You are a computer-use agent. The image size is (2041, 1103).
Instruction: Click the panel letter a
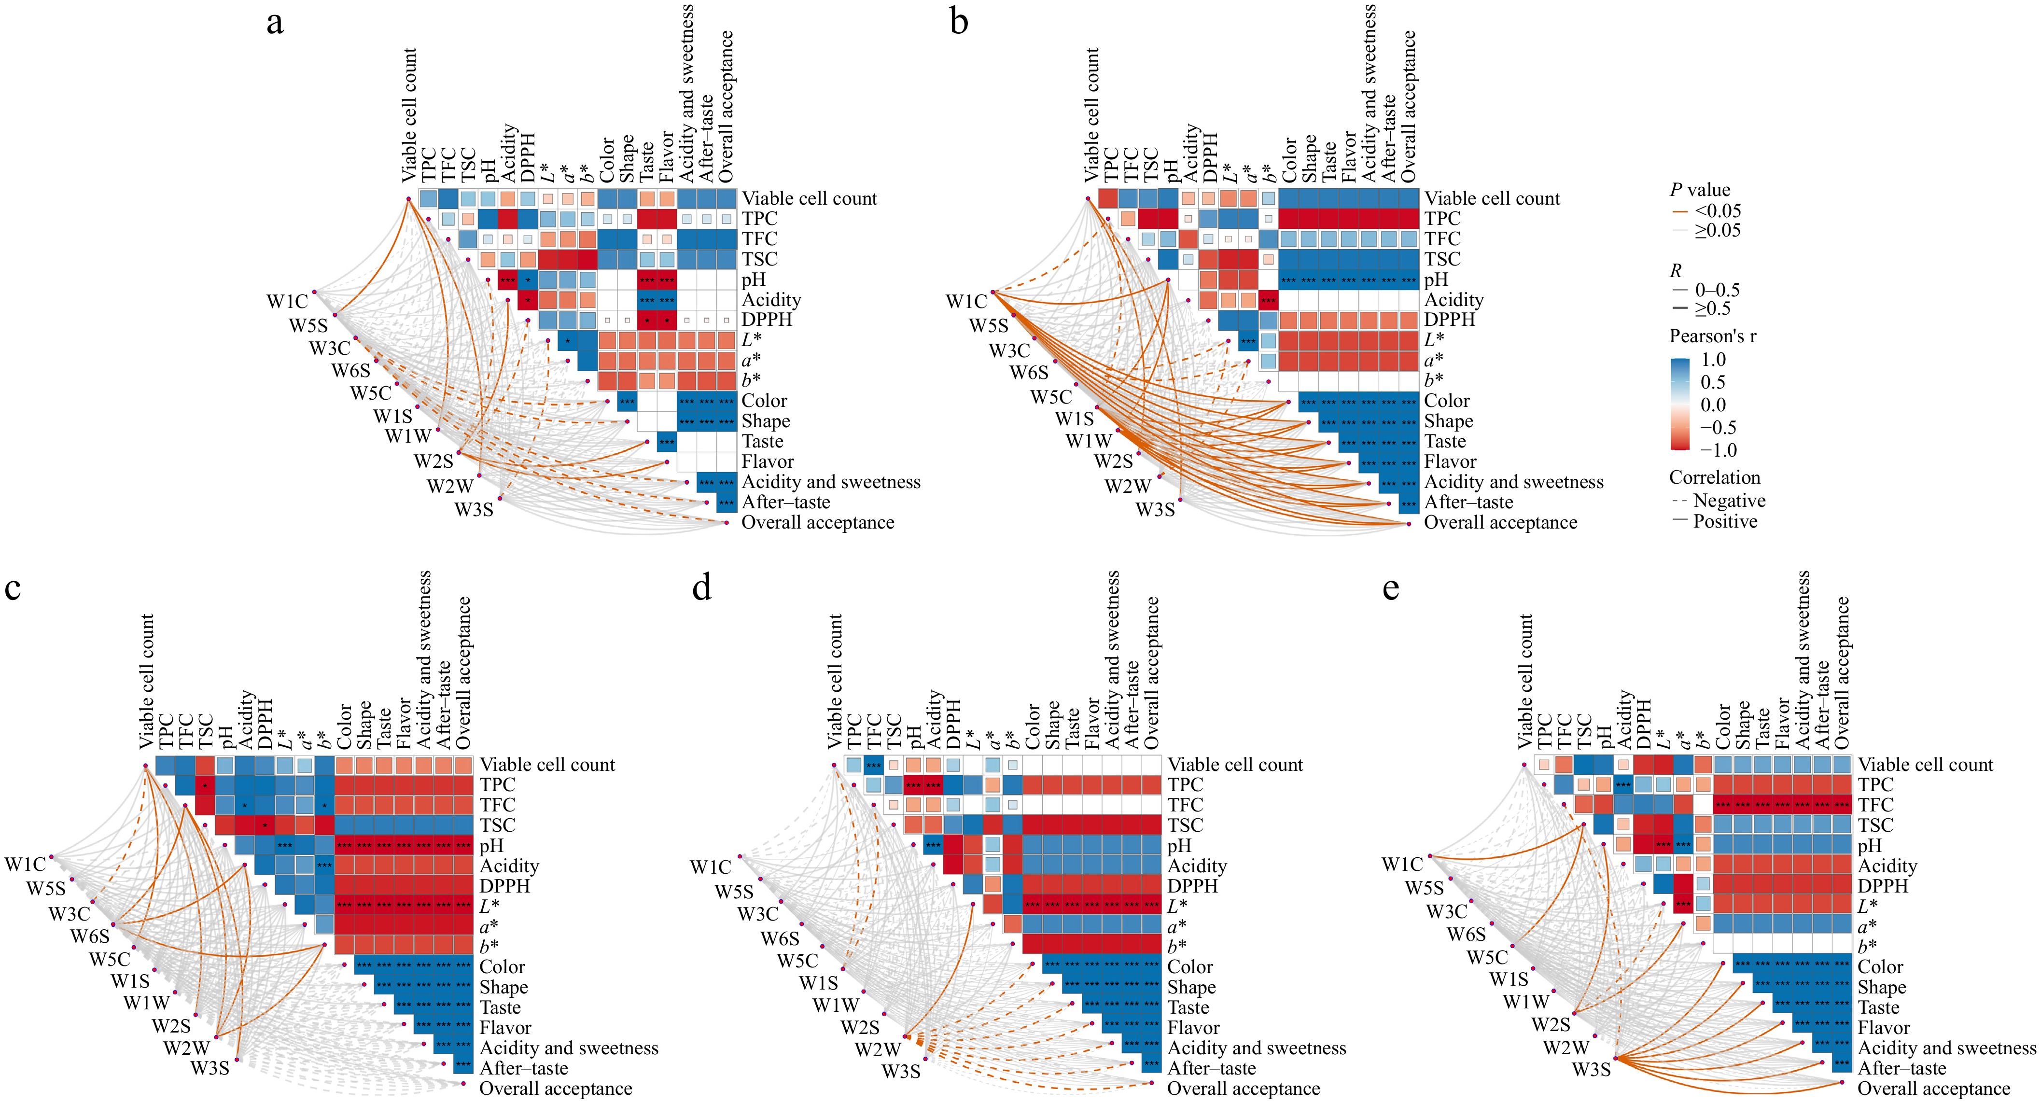coord(275,23)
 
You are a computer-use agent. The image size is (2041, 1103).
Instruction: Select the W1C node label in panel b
coord(966,302)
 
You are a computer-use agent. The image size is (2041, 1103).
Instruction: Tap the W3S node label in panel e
coord(1591,1070)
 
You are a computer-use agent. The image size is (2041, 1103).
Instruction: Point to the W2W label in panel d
coord(877,1050)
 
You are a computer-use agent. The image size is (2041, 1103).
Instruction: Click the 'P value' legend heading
coord(1700,190)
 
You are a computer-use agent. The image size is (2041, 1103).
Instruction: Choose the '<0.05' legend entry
coord(1717,211)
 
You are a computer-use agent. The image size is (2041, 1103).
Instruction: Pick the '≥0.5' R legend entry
coord(1711,309)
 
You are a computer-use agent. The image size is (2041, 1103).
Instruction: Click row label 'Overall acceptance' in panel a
coord(818,523)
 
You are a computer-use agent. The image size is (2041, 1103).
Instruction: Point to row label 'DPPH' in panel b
coord(1450,320)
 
